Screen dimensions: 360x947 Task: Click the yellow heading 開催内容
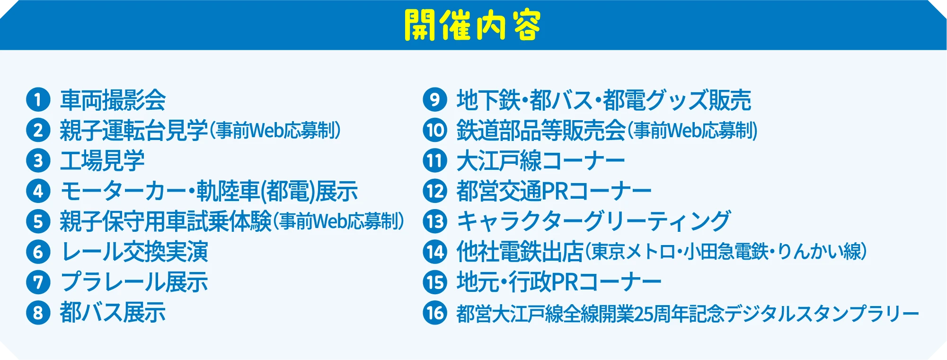tap(472, 25)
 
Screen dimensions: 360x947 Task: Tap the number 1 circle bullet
tap(38, 100)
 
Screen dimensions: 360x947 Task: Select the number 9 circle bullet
tap(434, 100)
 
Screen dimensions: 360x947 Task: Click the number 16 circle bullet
tap(434, 313)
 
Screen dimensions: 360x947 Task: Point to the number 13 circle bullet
tap(434, 221)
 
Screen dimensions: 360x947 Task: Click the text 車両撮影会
tap(113, 100)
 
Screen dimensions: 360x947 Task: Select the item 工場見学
tap(102, 161)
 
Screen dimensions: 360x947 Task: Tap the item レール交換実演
tap(134, 252)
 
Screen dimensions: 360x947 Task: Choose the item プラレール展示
tap(134, 282)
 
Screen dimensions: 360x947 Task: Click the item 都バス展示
tap(113, 313)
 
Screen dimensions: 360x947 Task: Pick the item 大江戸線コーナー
tap(540, 161)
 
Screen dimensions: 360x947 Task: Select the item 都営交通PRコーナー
tap(554, 191)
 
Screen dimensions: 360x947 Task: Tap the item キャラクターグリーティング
tap(593, 221)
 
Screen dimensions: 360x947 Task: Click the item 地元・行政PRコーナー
tap(558, 282)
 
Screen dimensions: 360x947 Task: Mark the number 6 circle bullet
tap(38, 252)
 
